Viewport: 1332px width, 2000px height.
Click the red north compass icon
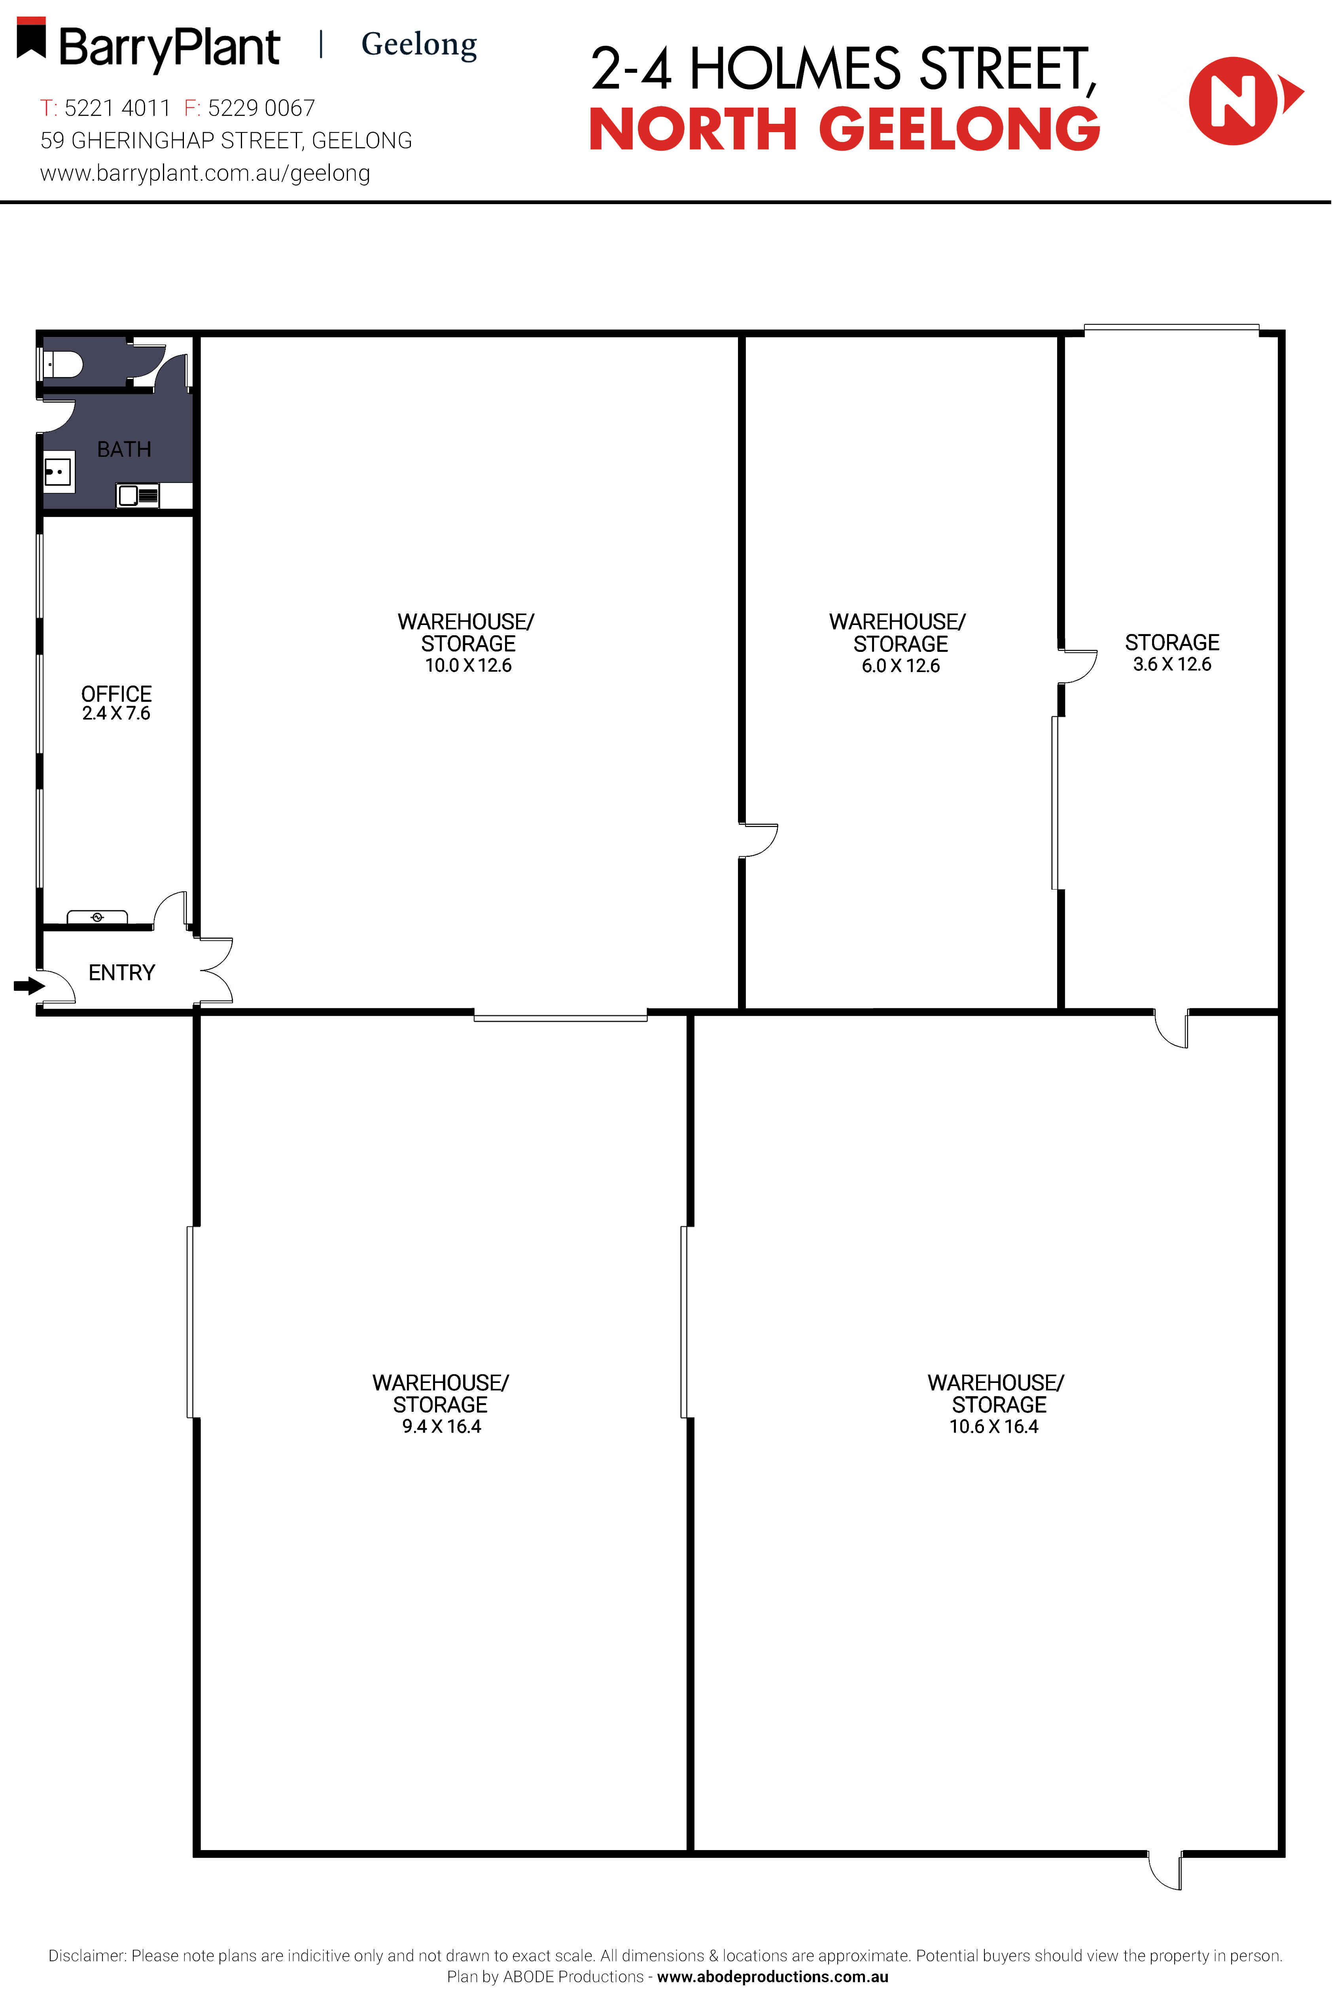point(1236,100)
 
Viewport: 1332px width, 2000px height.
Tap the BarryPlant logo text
point(169,47)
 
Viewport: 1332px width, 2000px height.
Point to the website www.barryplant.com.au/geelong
point(205,173)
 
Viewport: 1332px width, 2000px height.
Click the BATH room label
point(124,449)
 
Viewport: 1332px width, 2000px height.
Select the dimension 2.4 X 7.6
point(116,714)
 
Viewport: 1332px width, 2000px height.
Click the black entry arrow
point(29,985)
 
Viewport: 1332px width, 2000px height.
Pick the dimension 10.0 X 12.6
point(468,665)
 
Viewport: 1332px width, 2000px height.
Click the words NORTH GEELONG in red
point(844,129)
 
